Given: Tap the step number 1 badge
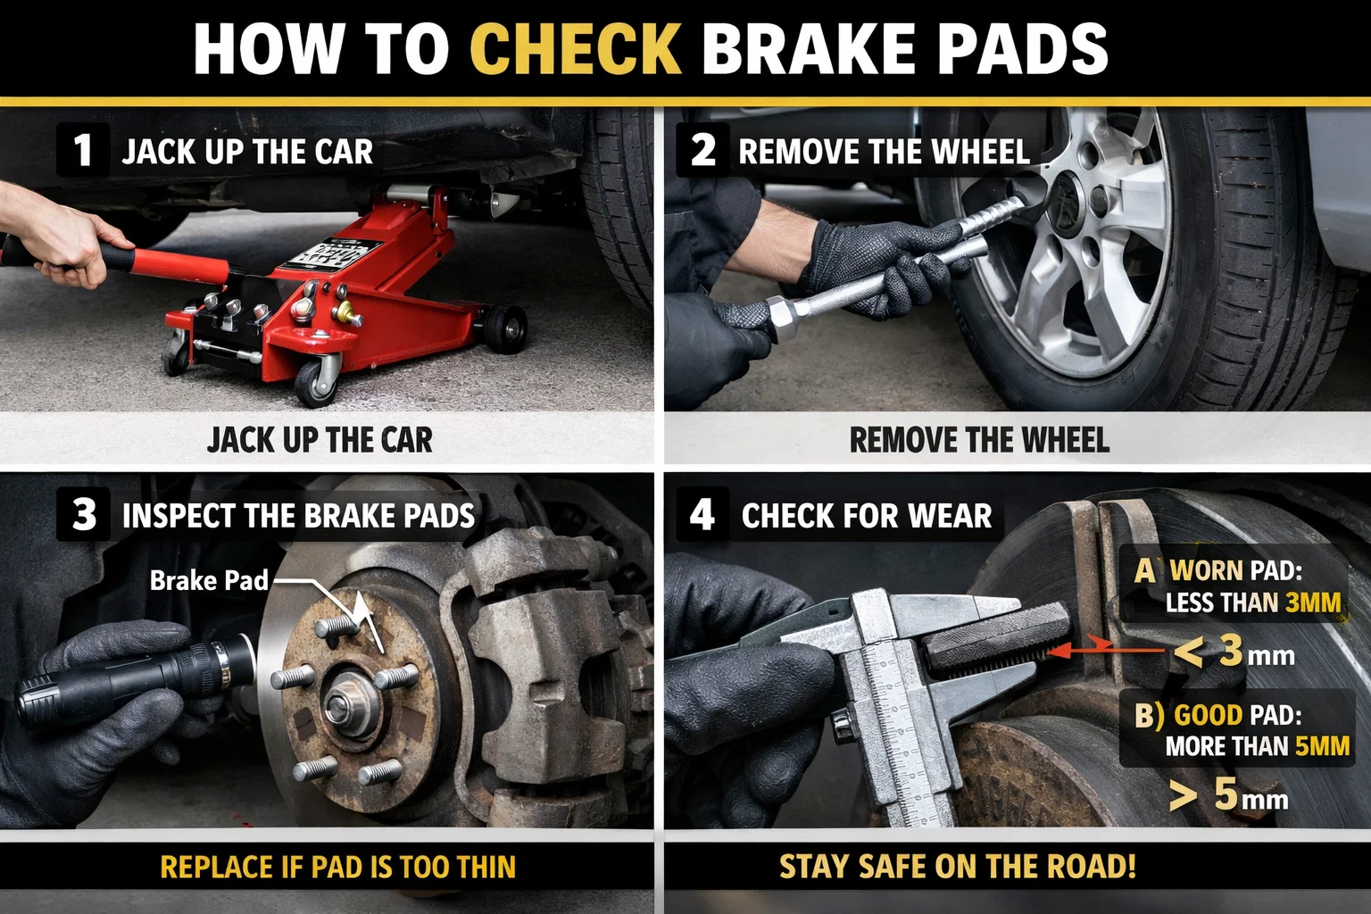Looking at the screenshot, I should [x=83, y=150].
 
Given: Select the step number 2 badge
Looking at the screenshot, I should [x=703, y=150].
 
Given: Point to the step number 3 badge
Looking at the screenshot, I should [x=84, y=514].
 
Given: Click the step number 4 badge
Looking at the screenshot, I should [x=702, y=515].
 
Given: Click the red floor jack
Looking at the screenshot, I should [x=339, y=295].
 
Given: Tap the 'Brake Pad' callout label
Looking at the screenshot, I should [x=209, y=581].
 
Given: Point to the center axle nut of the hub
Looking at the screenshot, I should [x=342, y=705].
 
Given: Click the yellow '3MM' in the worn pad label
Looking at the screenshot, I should [x=1313, y=603].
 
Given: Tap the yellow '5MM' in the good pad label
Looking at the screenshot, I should [x=1322, y=746].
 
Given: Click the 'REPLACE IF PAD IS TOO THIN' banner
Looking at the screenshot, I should [x=337, y=868].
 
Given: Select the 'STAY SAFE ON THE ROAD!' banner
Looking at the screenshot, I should [x=958, y=868].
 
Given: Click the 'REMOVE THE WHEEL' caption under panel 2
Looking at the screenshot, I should [x=979, y=440].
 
